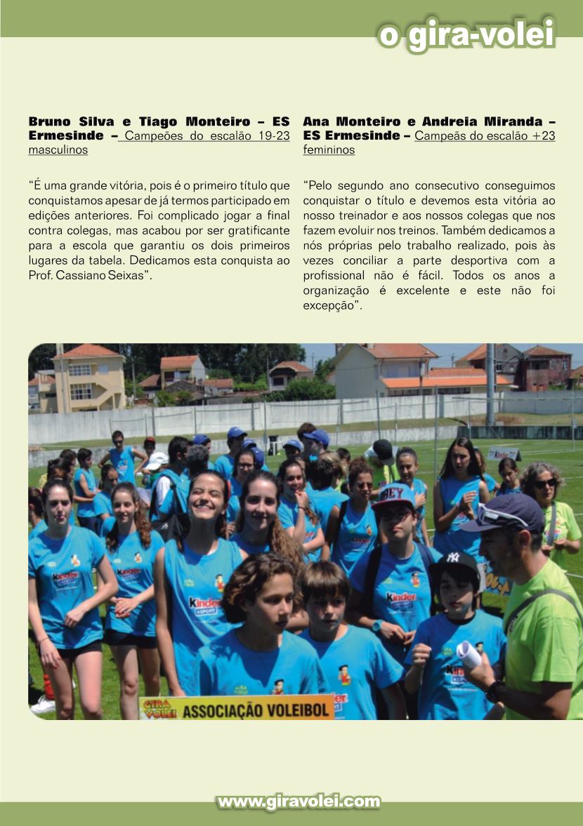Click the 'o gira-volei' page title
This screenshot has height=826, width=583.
(x=466, y=34)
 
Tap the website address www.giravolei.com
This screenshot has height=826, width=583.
(x=299, y=801)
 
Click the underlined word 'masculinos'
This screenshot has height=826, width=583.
(x=58, y=150)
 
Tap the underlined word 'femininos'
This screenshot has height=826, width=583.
(x=329, y=150)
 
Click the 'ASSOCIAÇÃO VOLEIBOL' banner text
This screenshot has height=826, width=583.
(x=256, y=710)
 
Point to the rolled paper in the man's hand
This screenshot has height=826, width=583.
(x=469, y=654)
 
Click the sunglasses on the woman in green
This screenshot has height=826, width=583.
(x=545, y=484)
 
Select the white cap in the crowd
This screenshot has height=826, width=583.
(x=156, y=460)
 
